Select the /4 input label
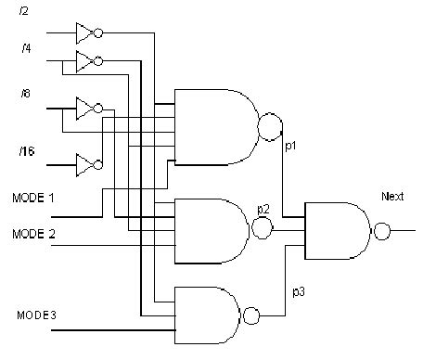[x=25, y=46]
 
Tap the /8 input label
[x=25, y=94]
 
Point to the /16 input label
[x=27, y=149]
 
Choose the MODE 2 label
[x=33, y=232]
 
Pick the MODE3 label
[x=36, y=315]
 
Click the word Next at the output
[x=392, y=197]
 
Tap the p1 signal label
[x=289, y=146]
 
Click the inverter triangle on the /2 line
[x=84, y=33]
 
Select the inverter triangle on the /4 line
[x=84, y=61]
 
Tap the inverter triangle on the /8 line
[x=84, y=108]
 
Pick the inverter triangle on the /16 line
[x=84, y=165]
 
